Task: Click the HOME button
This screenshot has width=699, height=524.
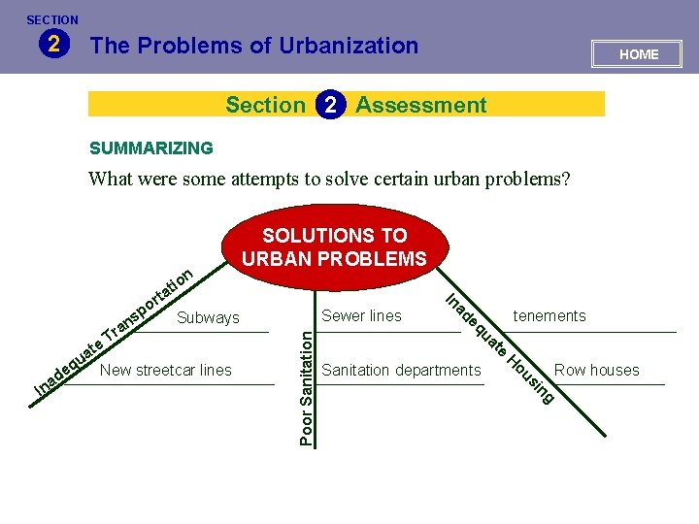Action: click(x=638, y=54)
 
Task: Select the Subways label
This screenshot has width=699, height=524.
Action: click(x=208, y=317)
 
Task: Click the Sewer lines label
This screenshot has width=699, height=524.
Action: click(x=361, y=315)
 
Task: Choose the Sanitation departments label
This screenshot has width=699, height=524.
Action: click(x=401, y=370)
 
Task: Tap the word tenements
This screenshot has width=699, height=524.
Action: click(x=549, y=315)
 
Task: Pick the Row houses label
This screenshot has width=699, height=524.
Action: click(x=596, y=370)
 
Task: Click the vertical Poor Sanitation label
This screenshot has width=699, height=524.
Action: click(x=307, y=387)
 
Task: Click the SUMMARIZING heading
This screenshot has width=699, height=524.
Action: click(x=150, y=148)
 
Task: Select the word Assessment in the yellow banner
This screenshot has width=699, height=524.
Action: click(x=421, y=105)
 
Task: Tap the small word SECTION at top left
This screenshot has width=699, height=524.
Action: click(x=52, y=19)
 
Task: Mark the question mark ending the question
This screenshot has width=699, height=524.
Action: click(x=566, y=179)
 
